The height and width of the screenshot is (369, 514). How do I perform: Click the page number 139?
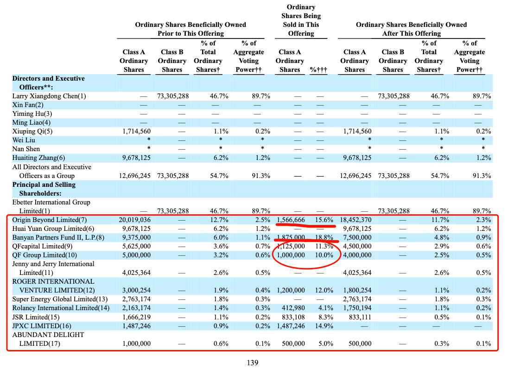253,363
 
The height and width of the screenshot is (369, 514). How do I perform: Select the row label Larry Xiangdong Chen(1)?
49,96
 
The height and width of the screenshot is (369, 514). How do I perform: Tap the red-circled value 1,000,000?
291,255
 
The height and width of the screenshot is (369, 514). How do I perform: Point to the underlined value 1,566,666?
291,220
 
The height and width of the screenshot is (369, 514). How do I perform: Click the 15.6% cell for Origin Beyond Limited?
324,220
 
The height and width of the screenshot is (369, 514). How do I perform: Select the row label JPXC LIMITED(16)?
42,326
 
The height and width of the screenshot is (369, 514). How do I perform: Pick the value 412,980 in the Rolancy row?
293,308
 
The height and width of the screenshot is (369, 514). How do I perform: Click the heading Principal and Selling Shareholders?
44,189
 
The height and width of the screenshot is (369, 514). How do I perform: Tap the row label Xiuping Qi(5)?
32,132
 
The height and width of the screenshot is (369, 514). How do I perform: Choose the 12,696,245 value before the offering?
135,176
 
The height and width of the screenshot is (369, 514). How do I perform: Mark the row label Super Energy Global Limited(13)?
60,299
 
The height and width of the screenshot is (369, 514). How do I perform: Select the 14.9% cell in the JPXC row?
324,326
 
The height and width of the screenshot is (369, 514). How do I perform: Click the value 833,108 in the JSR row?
293,317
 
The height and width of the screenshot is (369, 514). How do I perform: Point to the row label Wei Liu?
24,140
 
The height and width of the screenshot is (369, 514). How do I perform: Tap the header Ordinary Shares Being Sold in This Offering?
301,20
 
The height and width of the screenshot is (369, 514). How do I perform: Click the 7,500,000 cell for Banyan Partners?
357,237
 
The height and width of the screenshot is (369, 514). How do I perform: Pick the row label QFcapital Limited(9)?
42,246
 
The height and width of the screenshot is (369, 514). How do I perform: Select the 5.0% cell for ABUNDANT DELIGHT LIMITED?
326,344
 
